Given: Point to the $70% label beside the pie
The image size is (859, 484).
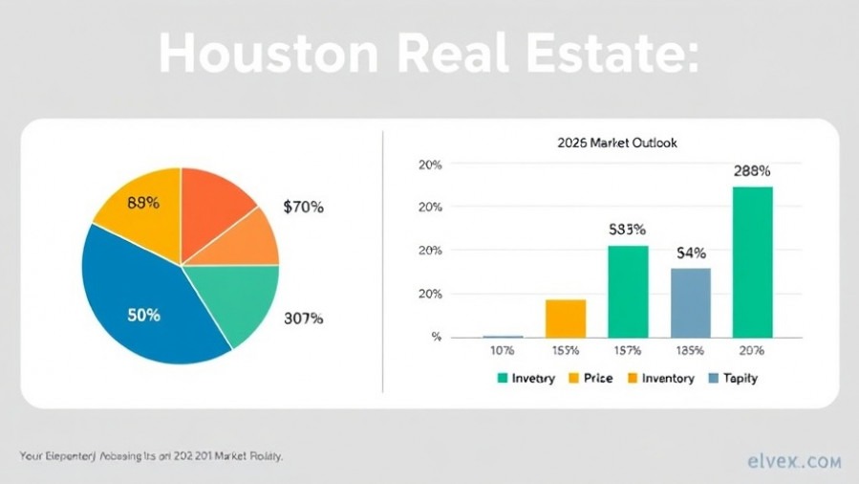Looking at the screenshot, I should [x=304, y=206].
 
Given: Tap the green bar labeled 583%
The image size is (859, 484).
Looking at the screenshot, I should [x=628, y=291].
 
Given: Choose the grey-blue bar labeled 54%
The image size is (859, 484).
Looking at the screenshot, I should [x=690, y=302].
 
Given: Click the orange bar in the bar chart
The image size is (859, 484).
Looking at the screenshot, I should [x=566, y=318].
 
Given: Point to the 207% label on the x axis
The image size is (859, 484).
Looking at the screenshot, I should [x=752, y=351].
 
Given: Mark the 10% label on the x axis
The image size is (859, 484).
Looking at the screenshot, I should [x=502, y=351].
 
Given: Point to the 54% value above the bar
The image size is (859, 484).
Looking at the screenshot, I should [x=690, y=253].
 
